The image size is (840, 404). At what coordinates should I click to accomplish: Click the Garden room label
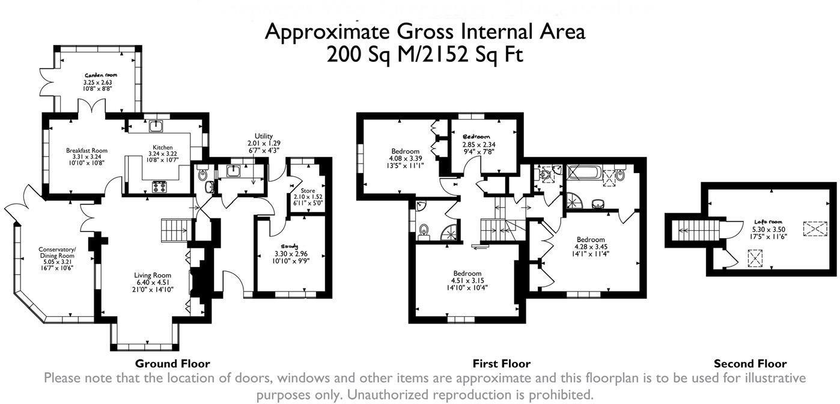tap(97, 75)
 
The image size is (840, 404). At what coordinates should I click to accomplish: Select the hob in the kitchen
tap(160, 186)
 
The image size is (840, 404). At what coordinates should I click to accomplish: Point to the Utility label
tap(264, 136)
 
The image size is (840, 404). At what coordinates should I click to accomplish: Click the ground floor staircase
tap(175, 229)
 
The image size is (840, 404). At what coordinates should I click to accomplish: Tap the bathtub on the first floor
tap(583, 175)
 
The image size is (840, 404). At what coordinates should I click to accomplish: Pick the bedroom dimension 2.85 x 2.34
tap(478, 145)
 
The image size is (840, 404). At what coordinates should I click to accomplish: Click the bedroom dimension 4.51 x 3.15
tap(467, 280)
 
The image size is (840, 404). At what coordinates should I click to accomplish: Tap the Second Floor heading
tap(750, 364)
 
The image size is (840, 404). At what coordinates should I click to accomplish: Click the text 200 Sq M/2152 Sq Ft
tap(424, 54)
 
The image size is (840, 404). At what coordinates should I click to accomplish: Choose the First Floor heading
tap(502, 364)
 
